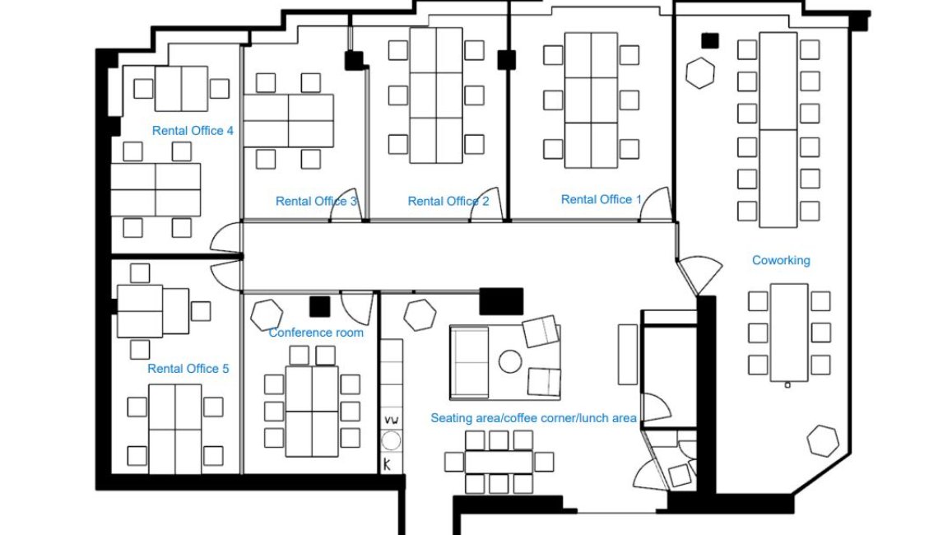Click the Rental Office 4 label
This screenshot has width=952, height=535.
(x=193, y=131)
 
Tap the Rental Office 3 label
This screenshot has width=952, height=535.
(x=316, y=201)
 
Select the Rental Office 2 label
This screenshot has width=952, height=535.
(x=448, y=201)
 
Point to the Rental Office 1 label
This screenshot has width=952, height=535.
(x=601, y=199)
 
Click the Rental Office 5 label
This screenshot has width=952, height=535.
(x=188, y=369)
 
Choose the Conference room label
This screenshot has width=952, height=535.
(x=316, y=333)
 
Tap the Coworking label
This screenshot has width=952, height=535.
(x=781, y=261)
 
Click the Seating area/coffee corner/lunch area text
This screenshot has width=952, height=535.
(x=534, y=418)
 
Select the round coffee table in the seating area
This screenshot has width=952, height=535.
(x=510, y=362)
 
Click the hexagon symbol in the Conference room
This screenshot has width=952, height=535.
(x=267, y=314)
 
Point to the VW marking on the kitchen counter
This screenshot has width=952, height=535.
(x=392, y=421)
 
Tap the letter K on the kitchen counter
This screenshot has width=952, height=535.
(x=387, y=464)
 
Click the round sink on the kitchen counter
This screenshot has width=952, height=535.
(x=391, y=441)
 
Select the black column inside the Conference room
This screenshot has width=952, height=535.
(x=320, y=307)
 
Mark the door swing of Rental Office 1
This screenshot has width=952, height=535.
(x=656, y=205)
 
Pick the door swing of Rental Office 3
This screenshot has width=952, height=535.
(x=346, y=205)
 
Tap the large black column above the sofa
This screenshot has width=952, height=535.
(x=501, y=301)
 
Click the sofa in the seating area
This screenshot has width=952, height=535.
(x=469, y=362)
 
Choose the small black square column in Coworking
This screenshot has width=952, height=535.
(x=710, y=40)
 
